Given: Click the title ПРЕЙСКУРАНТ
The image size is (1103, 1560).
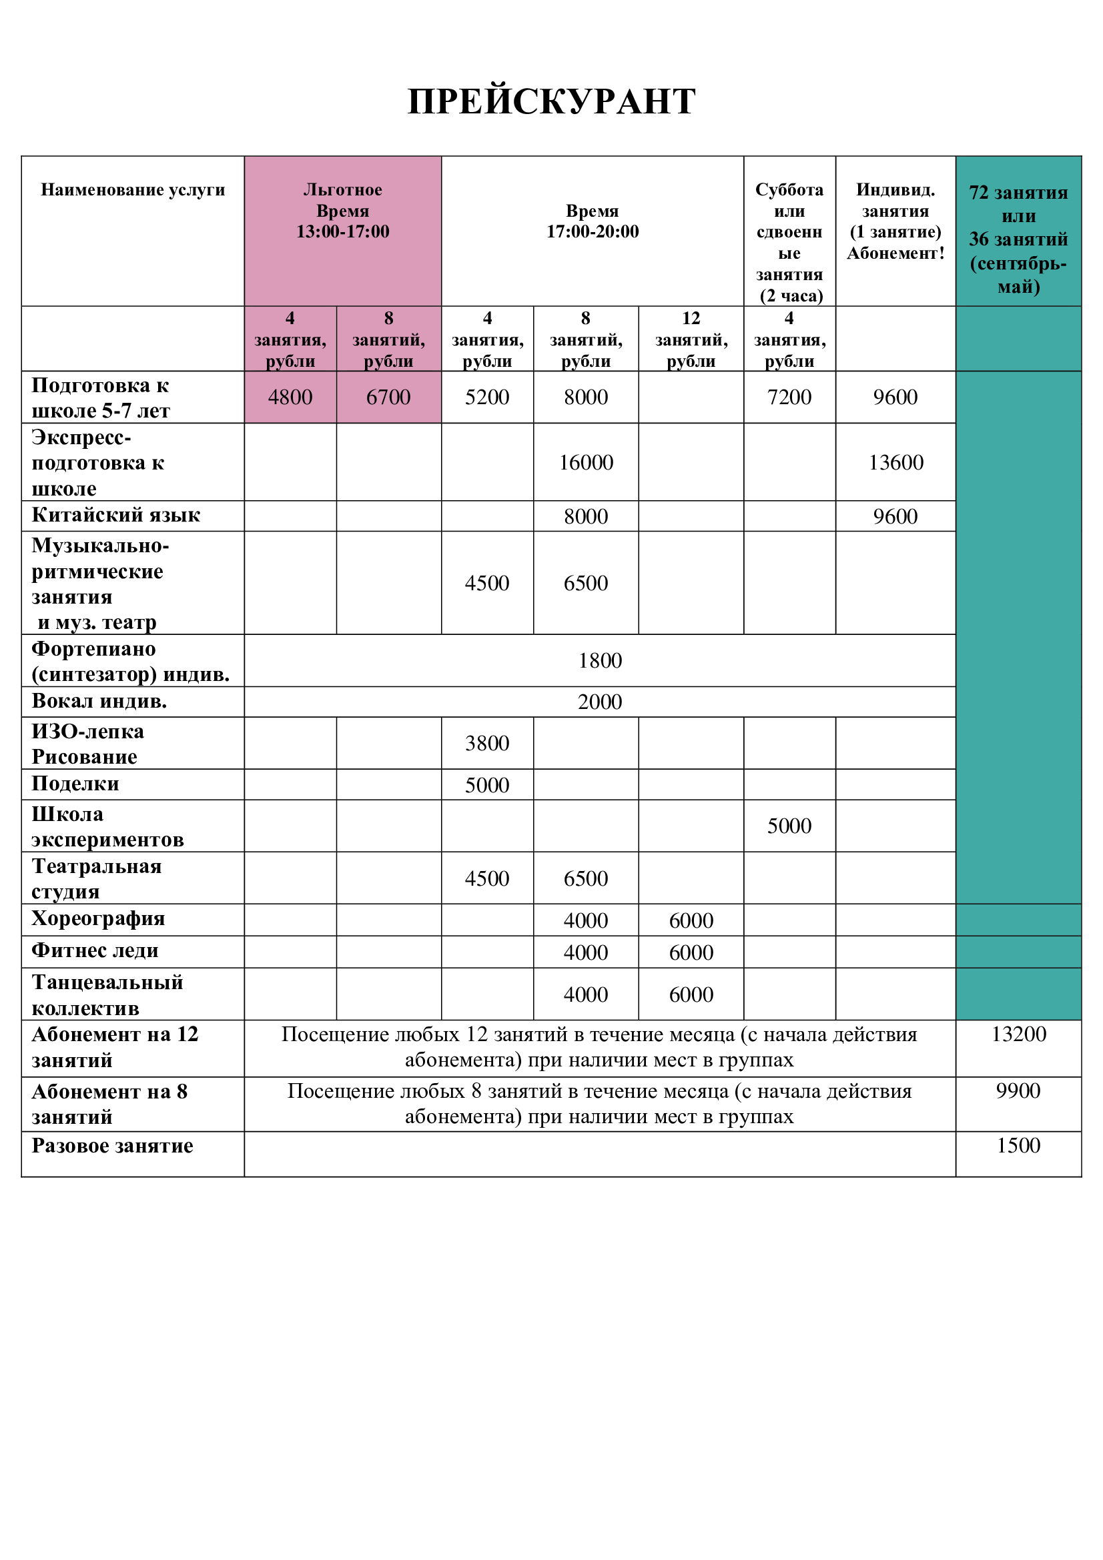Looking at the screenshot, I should coord(551,102).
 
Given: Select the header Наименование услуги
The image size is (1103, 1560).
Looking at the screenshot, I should coord(133,189).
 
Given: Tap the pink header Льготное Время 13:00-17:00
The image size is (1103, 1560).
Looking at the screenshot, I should coord(342,211).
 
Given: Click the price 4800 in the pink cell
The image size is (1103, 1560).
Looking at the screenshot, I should coord(290,397).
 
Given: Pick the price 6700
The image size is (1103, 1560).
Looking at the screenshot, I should coord(388,397).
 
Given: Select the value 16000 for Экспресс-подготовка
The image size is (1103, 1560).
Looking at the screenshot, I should coord(586,463).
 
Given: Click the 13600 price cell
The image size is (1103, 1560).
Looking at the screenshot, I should coord(895,463).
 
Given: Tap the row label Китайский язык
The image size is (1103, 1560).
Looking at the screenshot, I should coord(115,515).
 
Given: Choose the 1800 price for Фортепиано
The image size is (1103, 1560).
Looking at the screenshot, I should coord(600,660).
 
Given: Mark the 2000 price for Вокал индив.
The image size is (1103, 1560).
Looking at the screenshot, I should coord(600,702).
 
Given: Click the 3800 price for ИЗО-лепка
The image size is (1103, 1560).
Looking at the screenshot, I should coord(486,743).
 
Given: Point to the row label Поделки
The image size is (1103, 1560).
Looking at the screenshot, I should coord(75,784).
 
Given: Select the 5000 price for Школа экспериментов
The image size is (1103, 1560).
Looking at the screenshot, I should coord(789,826).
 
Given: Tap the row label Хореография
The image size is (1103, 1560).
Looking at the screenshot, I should coord(98,918).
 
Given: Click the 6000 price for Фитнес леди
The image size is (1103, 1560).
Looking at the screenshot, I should coord(691,952).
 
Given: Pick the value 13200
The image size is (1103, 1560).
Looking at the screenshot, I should coord(1018,1034).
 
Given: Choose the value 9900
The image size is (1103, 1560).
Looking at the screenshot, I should coord(1018,1090).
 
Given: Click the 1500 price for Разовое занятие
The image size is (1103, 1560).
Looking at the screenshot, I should coord(1018,1146).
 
